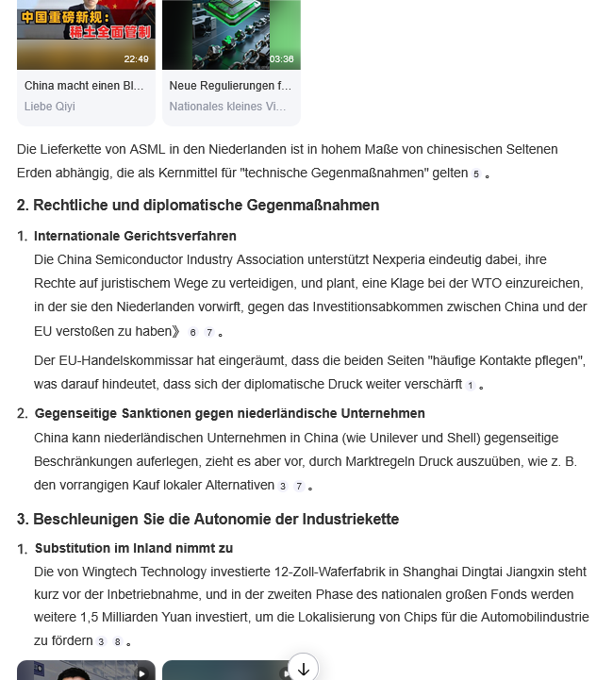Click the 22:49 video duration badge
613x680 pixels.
[x=136, y=58]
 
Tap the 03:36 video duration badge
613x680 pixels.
[x=281, y=58]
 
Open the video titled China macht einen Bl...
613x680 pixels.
[x=84, y=86]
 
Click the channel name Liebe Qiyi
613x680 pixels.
[x=49, y=107]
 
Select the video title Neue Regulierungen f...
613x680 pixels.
[x=230, y=86]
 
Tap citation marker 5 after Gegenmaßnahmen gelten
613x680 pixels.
[x=476, y=174]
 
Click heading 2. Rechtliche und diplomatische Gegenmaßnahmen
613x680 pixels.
[x=198, y=205]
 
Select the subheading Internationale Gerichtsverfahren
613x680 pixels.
[x=135, y=236]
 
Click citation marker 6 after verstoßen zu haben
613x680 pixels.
[x=192, y=332]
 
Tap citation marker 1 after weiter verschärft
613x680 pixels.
[x=470, y=386]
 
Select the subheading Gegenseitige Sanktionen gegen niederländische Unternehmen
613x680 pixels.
[x=229, y=413]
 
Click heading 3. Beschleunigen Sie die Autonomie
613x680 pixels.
[x=207, y=519]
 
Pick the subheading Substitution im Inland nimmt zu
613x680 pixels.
[x=134, y=548]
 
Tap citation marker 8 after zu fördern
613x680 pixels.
[x=118, y=642]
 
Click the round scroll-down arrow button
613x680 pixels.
[x=303, y=668]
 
